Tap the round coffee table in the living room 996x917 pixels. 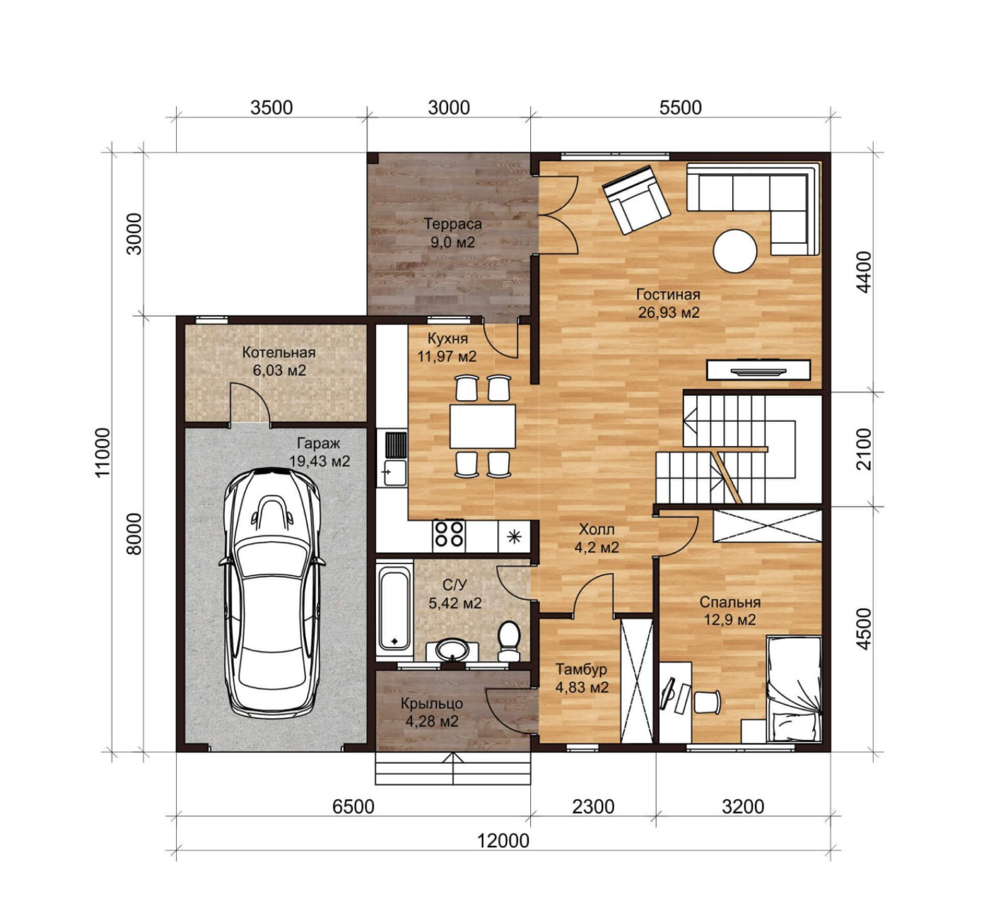pos(735,252)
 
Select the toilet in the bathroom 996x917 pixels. pos(509,641)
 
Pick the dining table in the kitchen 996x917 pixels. pos(482,426)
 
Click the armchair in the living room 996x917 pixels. pos(636,199)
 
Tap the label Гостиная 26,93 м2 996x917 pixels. pos(668,303)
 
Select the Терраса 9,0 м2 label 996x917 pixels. pos(453,233)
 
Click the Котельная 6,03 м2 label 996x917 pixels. pos(279,361)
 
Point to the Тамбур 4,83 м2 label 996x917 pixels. pos(581,679)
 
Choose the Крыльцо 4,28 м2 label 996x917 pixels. pos(432,712)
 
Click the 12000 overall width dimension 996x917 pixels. pos(503,840)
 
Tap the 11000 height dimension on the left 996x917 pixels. pos(103,452)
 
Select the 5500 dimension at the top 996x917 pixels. pos(680,107)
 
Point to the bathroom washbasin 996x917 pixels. pos(453,651)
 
